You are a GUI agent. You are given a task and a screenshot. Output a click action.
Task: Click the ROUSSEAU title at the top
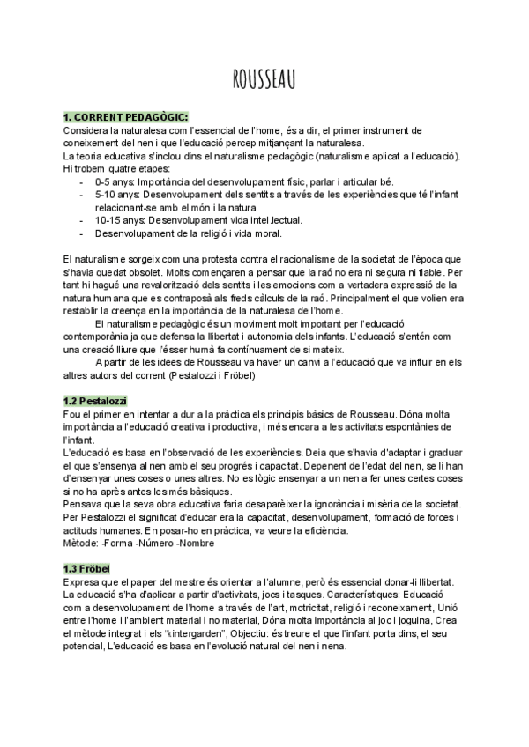click(x=264, y=80)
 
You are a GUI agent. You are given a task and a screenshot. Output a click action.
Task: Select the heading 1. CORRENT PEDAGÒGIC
click(x=125, y=117)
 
